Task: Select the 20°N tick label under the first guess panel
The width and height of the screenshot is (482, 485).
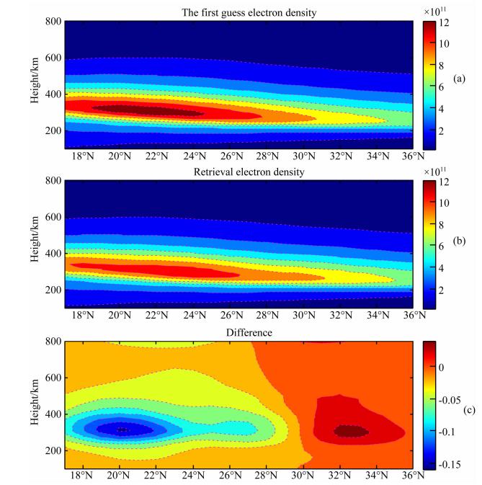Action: (x=120, y=156)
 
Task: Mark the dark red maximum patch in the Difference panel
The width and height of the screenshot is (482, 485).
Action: (x=351, y=431)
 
